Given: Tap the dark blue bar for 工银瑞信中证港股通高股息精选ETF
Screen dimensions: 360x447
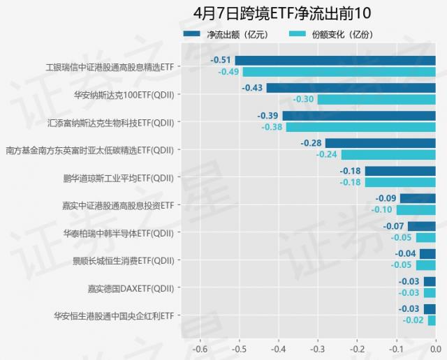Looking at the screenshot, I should [x=335, y=61].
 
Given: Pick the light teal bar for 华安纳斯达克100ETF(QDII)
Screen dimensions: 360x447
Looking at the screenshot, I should [x=376, y=99].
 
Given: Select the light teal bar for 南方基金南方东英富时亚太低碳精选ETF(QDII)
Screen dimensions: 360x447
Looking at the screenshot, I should [x=388, y=154].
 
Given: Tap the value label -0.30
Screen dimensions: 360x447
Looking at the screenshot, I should [x=303, y=99].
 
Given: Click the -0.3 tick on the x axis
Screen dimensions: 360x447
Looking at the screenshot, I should [x=317, y=349].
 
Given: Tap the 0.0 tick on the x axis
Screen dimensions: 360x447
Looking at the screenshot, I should [x=435, y=349].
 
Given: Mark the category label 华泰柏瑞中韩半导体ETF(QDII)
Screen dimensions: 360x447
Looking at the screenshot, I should [x=118, y=232].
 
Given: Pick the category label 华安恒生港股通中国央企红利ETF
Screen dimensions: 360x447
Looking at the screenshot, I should [x=113, y=315].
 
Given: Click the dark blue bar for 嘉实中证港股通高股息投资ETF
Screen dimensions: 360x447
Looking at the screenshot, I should [x=418, y=199].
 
